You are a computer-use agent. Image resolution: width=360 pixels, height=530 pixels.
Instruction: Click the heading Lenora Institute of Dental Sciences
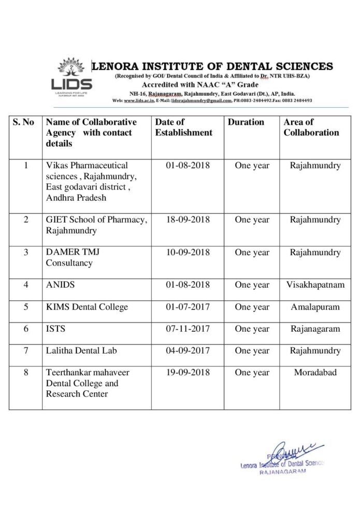[212, 66]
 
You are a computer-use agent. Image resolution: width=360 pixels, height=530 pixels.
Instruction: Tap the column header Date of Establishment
[183, 127]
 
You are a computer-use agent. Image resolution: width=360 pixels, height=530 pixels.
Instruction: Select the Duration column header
[246, 122]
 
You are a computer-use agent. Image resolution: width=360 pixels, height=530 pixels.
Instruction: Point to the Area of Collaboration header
[311, 127]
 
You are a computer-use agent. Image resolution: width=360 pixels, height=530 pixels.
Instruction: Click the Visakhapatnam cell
[315, 285]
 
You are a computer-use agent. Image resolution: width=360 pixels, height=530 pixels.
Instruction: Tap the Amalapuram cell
[315, 307]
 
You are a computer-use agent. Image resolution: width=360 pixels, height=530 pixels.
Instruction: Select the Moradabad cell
[315, 373]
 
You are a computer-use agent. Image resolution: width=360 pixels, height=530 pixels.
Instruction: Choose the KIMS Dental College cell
[87, 307]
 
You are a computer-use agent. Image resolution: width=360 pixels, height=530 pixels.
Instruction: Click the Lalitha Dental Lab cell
[81, 350]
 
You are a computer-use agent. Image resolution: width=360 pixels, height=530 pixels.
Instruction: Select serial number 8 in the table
[26, 373]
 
